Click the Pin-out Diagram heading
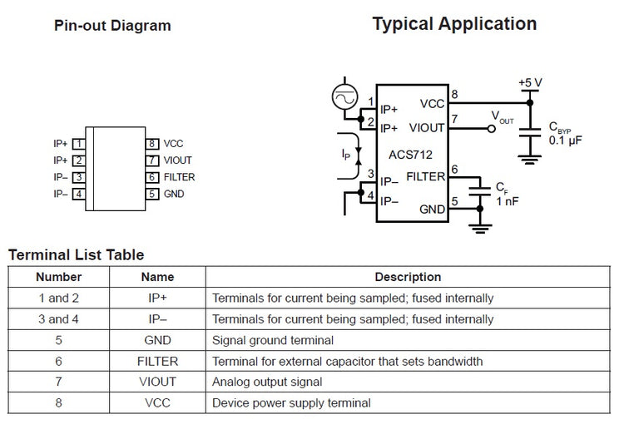(x=112, y=26)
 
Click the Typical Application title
(x=454, y=24)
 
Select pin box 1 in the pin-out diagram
(x=79, y=144)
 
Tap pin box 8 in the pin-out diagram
(x=152, y=144)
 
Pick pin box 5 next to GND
(x=152, y=194)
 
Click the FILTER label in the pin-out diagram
(x=179, y=177)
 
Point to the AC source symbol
(x=344, y=97)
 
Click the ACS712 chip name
(x=410, y=155)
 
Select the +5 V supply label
(x=530, y=83)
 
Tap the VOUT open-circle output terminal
(x=492, y=129)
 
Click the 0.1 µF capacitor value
(x=565, y=141)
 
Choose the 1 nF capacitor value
(x=508, y=201)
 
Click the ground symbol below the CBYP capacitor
(x=530, y=160)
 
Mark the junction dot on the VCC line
(x=530, y=102)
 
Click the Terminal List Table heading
(x=77, y=254)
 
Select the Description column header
(x=408, y=277)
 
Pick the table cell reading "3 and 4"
(x=58, y=319)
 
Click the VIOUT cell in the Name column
(x=157, y=382)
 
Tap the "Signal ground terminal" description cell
(x=273, y=341)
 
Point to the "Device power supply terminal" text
(x=291, y=403)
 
